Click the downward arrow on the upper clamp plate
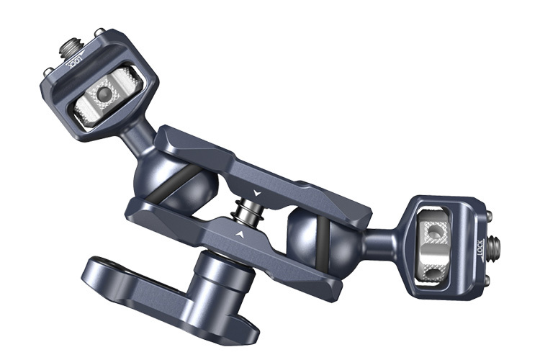tap(257, 192)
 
